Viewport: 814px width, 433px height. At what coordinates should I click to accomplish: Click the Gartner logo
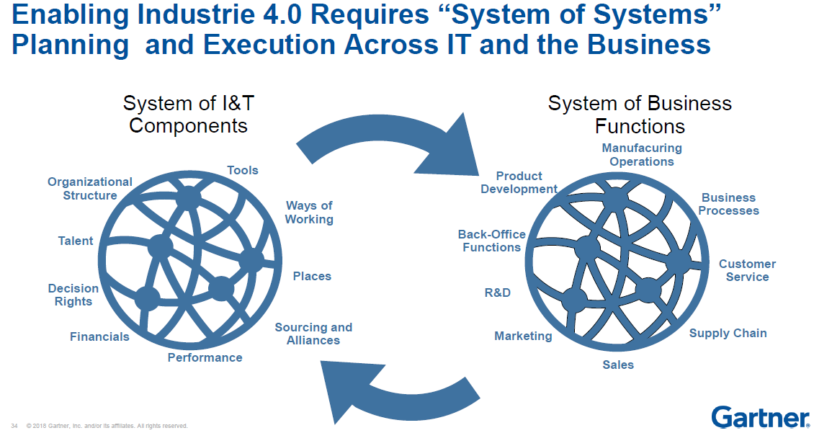(759, 416)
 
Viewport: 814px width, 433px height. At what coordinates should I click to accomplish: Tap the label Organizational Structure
(90, 189)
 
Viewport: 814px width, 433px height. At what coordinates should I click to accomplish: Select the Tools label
(243, 170)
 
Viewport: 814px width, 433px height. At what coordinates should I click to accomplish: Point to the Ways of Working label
(309, 213)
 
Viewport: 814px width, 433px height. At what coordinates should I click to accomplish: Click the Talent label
(76, 241)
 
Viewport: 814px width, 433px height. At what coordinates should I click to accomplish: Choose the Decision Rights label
(73, 295)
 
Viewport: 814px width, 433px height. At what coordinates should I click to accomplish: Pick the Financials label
(99, 336)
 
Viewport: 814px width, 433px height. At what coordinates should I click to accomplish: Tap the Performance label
(205, 357)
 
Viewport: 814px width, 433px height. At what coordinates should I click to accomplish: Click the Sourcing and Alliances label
(313, 334)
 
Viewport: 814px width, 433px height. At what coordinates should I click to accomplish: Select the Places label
(312, 276)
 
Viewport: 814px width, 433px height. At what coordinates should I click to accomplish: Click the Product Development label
(519, 182)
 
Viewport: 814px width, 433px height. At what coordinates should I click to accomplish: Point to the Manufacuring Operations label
(642, 154)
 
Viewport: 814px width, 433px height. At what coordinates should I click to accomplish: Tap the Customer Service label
(747, 270)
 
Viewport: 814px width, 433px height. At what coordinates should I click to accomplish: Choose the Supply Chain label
(728, 333)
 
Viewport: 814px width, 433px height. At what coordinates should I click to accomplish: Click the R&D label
(497, 293)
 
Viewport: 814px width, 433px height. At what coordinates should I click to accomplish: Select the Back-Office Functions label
(491, 241)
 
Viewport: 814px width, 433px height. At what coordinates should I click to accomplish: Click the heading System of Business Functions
(640, 115)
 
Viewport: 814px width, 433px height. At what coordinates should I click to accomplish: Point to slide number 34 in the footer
(14, 426)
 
